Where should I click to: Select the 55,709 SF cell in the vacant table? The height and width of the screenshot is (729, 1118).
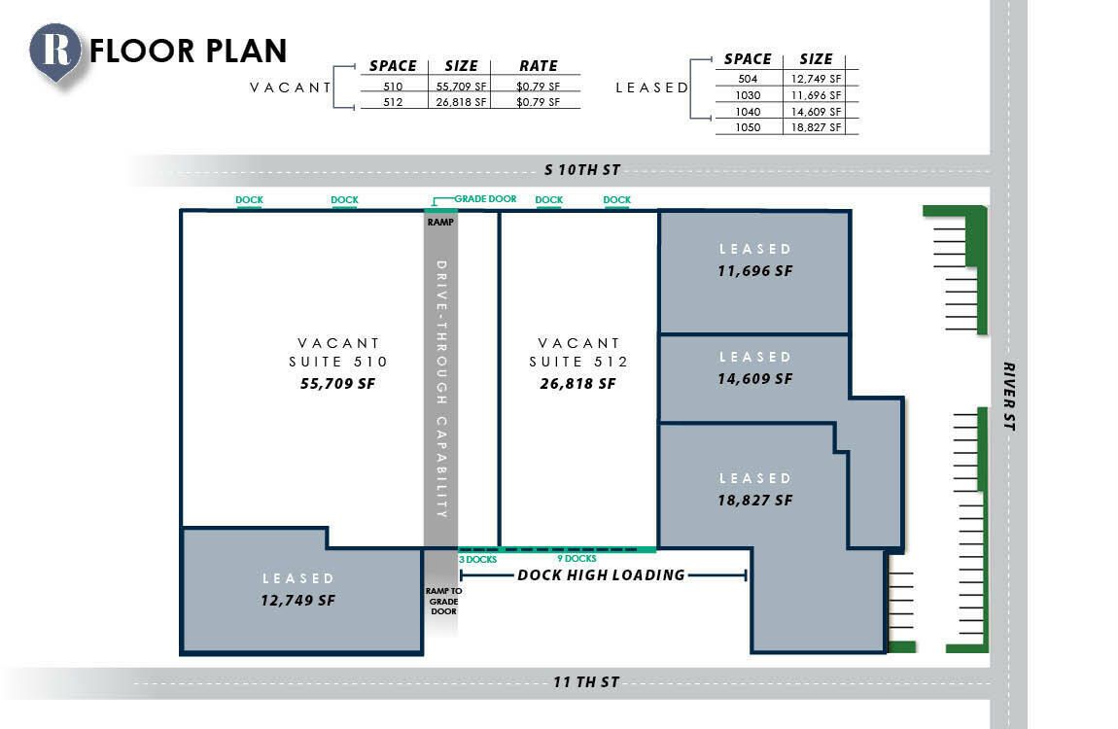(x=462, y=87)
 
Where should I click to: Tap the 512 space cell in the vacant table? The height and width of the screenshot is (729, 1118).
(x=393, y=102)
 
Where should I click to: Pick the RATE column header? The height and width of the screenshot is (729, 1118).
(x=539, y=65)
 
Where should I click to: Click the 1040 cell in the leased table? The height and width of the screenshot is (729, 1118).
(x=748, y=111)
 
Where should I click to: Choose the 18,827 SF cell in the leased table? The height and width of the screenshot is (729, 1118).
(x=816, y=126)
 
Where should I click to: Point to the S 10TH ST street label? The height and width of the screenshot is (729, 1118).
(x=581, y=169)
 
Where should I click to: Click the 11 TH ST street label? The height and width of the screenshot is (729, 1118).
(x=586, y=682)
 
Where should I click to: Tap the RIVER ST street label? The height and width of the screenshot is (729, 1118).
(x=1009, y=397)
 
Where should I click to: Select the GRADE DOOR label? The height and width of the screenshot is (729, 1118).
(x=485, y=199)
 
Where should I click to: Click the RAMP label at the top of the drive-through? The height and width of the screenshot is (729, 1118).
(x=440, y=222)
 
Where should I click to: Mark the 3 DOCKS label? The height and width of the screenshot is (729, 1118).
(x=477, y=560)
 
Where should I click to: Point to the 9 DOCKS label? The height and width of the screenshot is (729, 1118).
(x=576, y=559)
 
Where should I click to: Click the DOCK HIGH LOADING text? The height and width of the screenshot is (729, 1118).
(x=601, y=575)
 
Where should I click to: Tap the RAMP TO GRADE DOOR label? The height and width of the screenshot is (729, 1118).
(x=443, y=601)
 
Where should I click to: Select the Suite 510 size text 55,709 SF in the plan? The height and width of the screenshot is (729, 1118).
(x=337, y=383)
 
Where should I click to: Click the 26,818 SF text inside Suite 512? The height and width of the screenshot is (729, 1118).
(x=577, y=383)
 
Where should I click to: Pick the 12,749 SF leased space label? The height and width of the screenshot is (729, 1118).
(x=298, y=600)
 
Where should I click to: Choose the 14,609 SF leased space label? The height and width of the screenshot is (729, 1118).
(x=755, y=378)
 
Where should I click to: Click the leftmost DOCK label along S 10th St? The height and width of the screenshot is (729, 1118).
(x=250, y=199)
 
